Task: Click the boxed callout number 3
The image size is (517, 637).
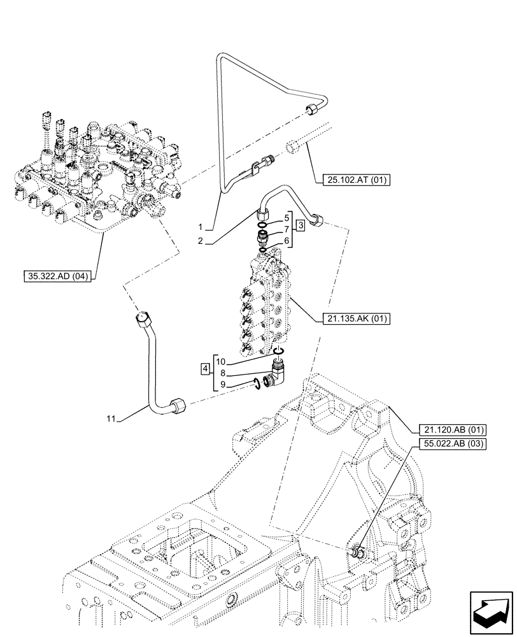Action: (301, 224)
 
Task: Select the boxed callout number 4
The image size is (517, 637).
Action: (204, 368)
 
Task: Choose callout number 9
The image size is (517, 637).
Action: (222, 384)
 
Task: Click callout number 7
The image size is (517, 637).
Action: (287, 229)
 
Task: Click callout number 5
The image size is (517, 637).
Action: (287, 218)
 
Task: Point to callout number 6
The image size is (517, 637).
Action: (287, 240)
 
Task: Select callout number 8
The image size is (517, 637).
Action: (222, 373)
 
